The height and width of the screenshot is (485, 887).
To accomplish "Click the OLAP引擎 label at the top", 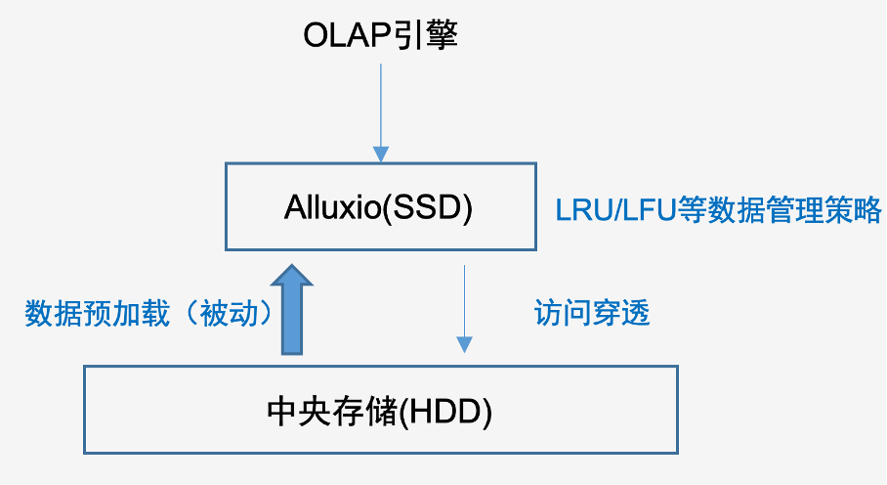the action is point(380,35).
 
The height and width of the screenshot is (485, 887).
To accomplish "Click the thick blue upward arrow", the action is point(292,310).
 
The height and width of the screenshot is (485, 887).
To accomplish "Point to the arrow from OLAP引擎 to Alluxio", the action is point(381,112).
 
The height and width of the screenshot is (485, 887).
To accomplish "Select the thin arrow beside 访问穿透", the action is point(464,309).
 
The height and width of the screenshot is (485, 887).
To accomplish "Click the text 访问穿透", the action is point(592,313).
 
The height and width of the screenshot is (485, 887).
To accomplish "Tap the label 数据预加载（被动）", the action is point(148,314).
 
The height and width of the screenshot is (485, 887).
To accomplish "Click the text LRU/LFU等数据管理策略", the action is point(718,209).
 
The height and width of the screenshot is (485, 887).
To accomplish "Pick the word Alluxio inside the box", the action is point(332,207).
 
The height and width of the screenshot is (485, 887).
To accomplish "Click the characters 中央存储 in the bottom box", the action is point(332,412).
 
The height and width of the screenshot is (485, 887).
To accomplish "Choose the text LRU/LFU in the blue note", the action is point(616,210).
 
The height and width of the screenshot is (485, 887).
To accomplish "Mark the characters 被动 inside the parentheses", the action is point(229,314).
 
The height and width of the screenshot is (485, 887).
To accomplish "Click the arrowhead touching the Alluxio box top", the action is point(381,154).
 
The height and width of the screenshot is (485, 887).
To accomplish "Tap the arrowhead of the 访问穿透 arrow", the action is point(464,345).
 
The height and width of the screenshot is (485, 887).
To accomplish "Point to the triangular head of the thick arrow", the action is point(292,275).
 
